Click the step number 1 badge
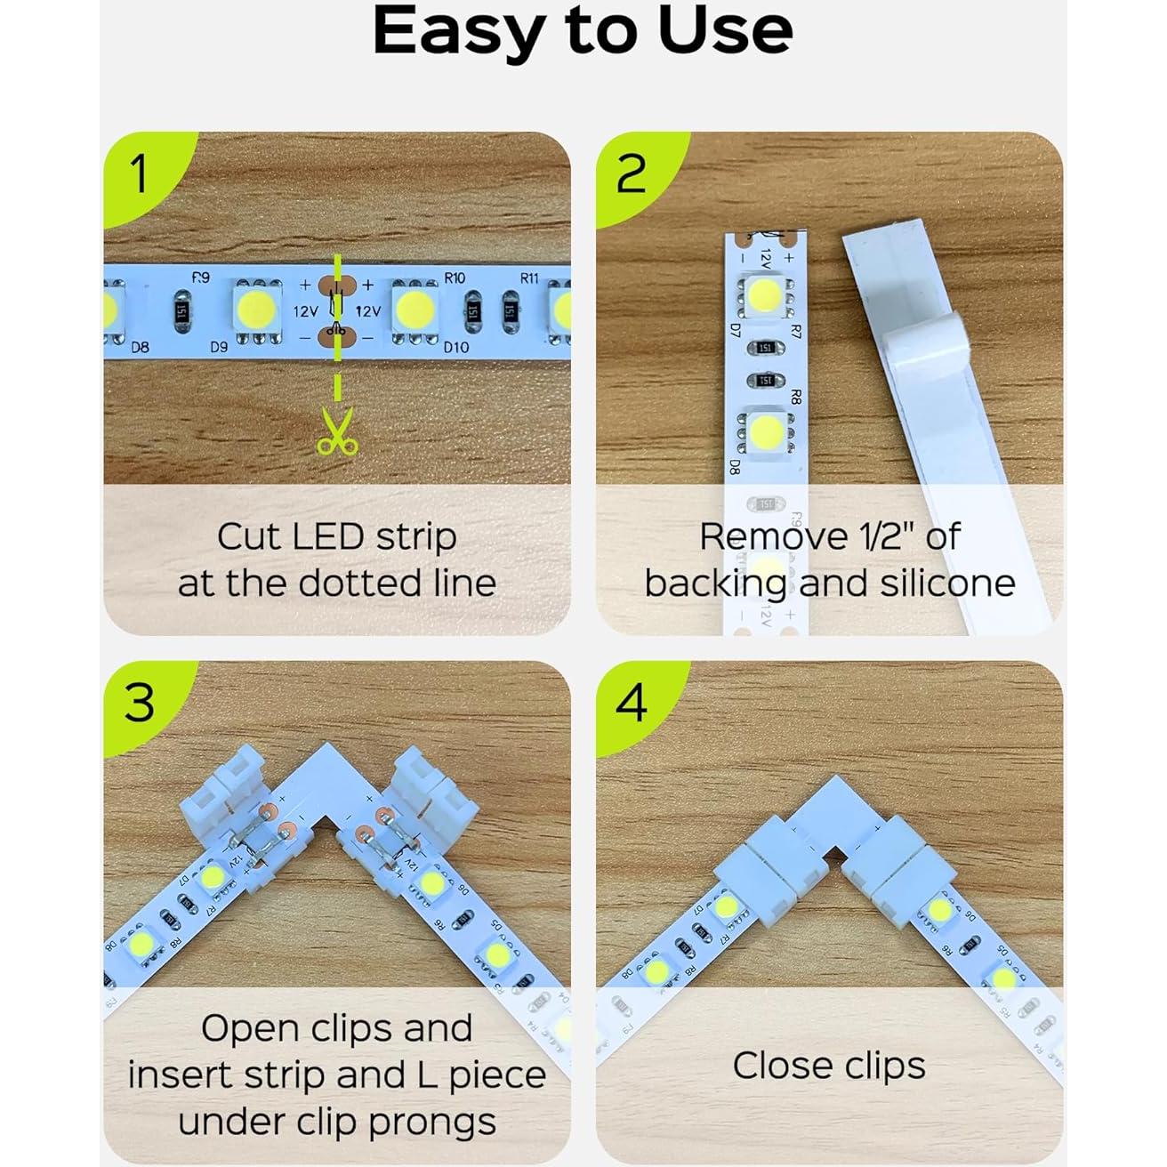138,173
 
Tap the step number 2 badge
631,173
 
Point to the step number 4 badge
632,704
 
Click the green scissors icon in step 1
336,431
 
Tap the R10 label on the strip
455,278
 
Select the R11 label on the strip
529,278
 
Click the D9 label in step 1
219,347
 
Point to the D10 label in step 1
455,347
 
